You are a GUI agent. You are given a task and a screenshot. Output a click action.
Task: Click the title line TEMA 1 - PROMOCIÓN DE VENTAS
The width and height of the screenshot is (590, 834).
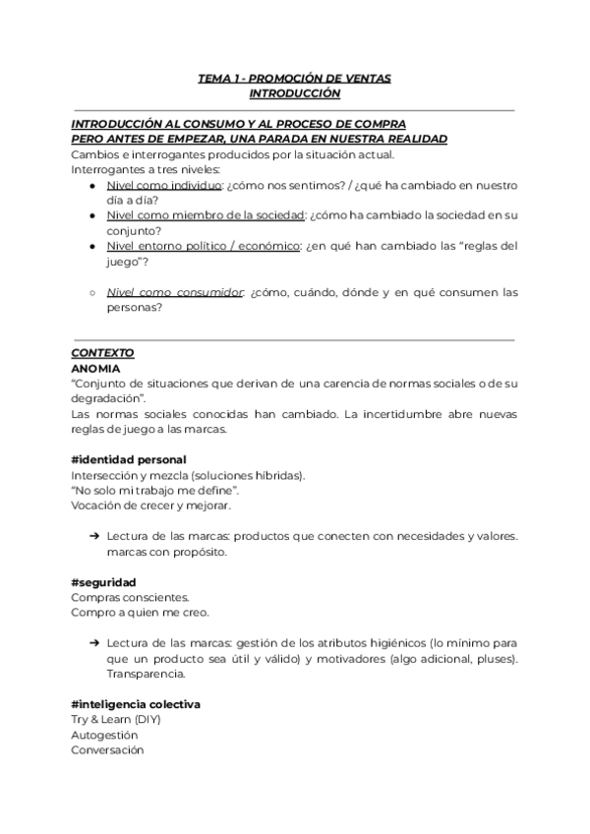[x=294, y=78]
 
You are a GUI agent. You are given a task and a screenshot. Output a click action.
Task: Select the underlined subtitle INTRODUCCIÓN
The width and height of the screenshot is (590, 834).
[x=294, y=93]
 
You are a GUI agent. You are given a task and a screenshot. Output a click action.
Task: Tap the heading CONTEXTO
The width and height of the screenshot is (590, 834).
[x=102, y=352]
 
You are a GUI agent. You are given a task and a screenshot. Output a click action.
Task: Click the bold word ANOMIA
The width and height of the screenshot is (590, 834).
[x=95, y=368]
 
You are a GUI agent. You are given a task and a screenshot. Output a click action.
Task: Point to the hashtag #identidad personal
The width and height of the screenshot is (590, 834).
[x=129, y=460]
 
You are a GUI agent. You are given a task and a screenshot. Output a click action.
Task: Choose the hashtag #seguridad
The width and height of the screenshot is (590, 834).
[x=103, y=582]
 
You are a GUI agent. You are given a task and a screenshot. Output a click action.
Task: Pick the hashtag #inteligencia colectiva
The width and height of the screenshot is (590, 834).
[x=136, y=704]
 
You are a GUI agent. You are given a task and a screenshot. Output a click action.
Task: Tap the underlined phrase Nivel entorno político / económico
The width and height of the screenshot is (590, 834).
[x=204, y=246]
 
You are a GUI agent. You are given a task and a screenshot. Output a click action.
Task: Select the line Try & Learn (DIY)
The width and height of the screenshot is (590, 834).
[x=115, y=719]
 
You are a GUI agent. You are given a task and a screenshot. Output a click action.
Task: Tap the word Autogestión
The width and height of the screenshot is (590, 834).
[x=105, y=735]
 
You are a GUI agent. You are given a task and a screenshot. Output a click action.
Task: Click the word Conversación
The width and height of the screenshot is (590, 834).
[x=107, y=749]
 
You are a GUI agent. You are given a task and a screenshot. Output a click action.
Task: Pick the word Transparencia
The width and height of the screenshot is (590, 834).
[x=147, y=674]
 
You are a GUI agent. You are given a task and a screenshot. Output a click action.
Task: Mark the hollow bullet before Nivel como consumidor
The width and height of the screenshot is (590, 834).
[x=91, y=292]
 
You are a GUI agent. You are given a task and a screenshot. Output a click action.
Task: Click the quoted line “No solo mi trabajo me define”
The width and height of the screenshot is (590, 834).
[x=154, y=490]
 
